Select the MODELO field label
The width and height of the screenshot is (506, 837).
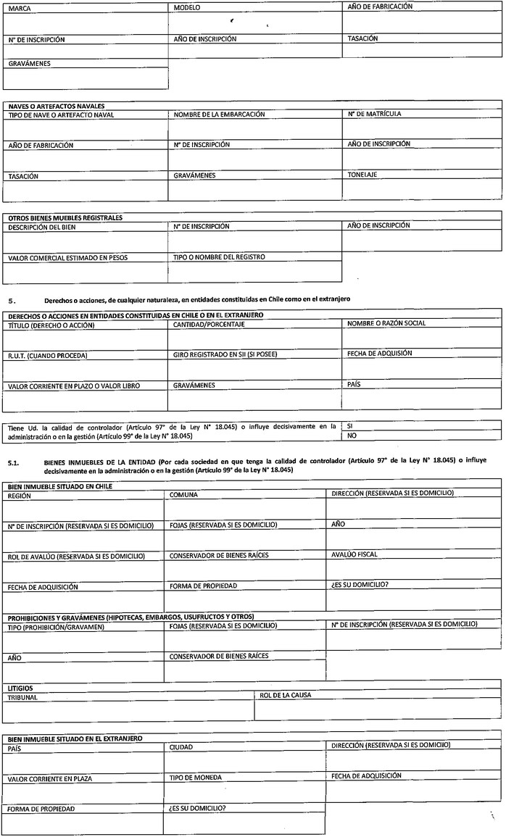coord(187,7)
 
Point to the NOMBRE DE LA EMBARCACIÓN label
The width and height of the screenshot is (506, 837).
coord(219,114)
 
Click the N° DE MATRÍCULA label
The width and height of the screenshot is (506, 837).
coord(375,114)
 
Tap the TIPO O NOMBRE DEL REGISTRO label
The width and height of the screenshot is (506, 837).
coord(219,257)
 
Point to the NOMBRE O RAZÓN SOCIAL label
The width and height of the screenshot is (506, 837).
coord(387,322)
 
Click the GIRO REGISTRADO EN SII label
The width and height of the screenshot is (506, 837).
coord(225,355)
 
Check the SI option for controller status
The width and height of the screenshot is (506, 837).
coord(351,427)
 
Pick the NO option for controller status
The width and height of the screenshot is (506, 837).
coord(352,436)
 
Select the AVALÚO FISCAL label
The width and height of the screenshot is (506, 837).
coord(354,554)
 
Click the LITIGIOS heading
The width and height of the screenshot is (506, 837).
coord(20,687)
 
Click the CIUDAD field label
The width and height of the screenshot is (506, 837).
coord(181,747)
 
